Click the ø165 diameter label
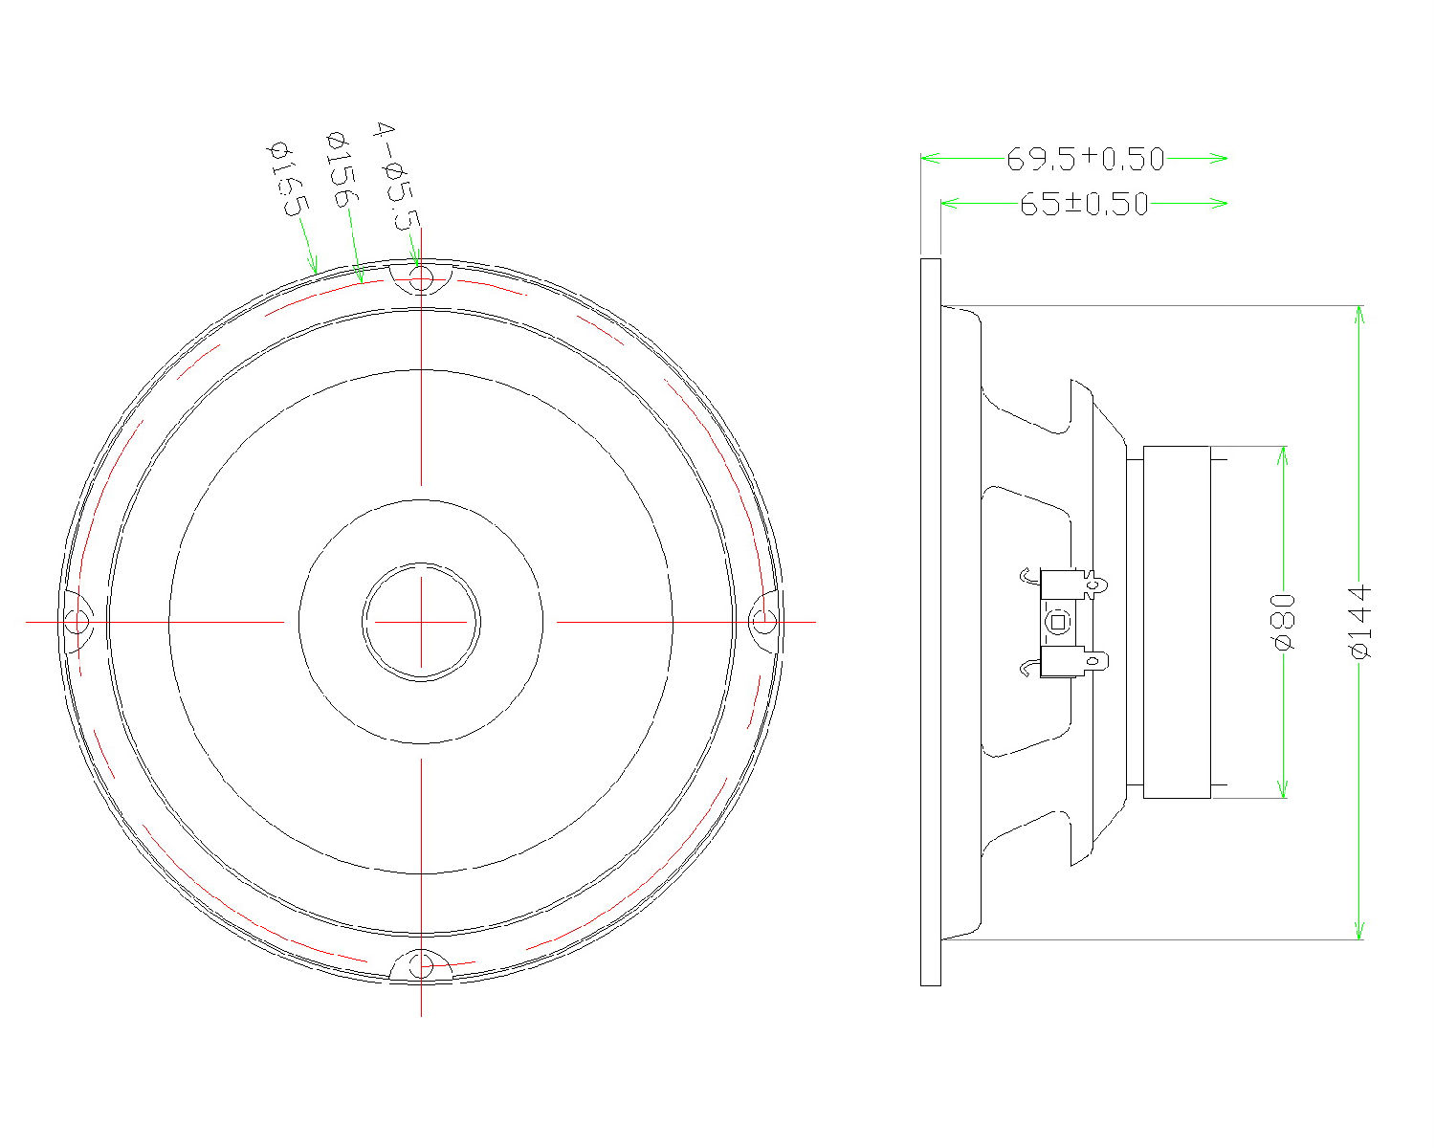[288, 180]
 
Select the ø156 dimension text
[342, 170]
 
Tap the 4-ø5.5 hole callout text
[397, 176]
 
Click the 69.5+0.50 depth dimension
[1085, 159]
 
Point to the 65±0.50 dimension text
[1083, 204]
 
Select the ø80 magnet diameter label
[1284, 622]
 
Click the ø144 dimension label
[1360, 622]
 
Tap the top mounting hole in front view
[421, 278]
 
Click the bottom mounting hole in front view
[421, 965]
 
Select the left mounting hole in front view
[77, 622]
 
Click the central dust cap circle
[421, 622]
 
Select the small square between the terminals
[1057, 622]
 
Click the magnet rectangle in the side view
[1177, 622]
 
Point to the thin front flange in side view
[930, 622]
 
